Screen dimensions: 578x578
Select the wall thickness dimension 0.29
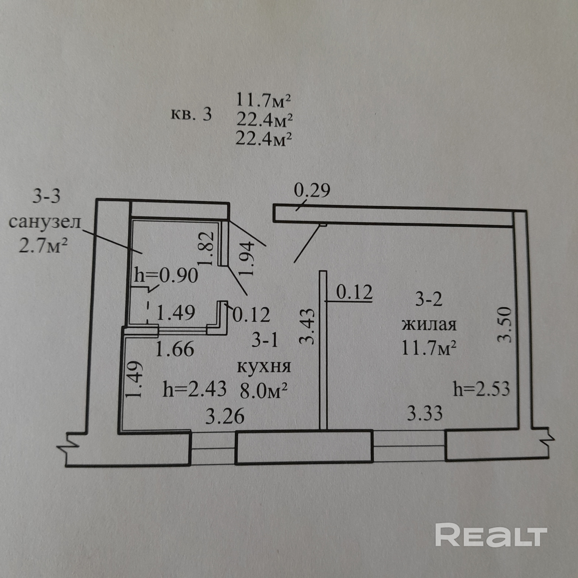coord(312,191)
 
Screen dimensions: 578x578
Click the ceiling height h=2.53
coord(481,389)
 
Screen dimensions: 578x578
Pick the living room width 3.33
coord(425,414)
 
